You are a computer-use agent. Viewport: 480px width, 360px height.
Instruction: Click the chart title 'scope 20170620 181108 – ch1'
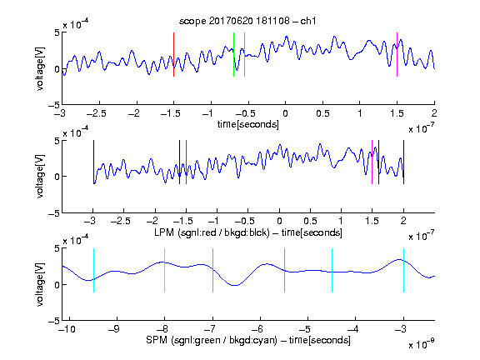(x=247, y=21)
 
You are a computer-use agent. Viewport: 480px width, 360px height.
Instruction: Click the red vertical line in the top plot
(x=173, y=54)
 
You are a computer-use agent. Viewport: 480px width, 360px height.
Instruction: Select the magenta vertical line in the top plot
(x=397, y=54)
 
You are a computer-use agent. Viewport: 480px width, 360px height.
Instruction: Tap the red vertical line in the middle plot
(x=186, y=162)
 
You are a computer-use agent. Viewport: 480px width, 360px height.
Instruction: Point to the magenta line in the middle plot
(x=372, y=162)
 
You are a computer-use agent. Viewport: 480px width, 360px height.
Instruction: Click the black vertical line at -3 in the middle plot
(x=93, y=162)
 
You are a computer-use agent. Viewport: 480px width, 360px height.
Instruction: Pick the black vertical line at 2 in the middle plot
(x=403, y=162)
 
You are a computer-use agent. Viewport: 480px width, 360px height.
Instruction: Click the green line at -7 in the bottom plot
(x=212, y=270)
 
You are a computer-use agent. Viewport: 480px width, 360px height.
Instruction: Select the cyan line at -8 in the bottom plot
(x=165, y=270)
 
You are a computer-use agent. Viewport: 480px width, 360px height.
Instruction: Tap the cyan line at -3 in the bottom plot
(x=403, y=270)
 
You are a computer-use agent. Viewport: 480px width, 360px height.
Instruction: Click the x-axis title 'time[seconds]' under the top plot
(x=248, y=124)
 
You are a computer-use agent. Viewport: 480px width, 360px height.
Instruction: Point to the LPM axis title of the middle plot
(x=248, y=232)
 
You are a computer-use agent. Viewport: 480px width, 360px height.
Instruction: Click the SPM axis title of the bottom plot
(x=248, y=340)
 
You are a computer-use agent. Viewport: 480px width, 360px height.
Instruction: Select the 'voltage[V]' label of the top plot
(x=40, y=68)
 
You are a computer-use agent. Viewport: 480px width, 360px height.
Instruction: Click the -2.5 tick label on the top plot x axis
(x=97, y=113)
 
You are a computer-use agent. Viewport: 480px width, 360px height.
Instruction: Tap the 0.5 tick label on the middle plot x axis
(x=310, y=222)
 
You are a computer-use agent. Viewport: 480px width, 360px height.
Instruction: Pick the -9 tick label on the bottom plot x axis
(x=114, y=329)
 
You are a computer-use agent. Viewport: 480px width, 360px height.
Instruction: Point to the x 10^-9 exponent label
(x=422, y=344)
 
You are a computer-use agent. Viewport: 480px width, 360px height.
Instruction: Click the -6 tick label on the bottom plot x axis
(x=257, y=329)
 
